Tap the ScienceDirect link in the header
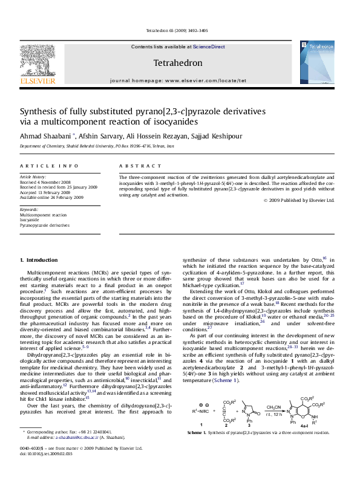coord(209,47)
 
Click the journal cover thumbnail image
coord(317,62)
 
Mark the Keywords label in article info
coord(29,210)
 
